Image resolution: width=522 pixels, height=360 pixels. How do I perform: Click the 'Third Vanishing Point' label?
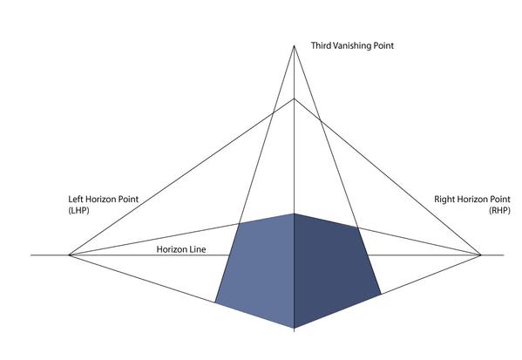point(352,46)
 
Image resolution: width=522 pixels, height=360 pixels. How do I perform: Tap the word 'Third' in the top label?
point(321,45)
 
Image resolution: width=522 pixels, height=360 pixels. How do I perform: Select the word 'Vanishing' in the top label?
point(351,46)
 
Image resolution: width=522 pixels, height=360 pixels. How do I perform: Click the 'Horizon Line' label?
point(181,249)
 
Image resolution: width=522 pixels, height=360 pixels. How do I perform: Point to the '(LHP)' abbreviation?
point(79,210)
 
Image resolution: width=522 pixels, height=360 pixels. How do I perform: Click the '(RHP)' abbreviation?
point(499,210)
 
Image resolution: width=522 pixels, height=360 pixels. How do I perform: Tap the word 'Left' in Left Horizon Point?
point(76,199)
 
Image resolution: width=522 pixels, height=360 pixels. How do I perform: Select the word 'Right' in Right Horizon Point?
point(444,199)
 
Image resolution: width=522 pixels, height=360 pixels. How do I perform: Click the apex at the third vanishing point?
point(294,45)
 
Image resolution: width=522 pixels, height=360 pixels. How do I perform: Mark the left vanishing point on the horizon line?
point(69,255)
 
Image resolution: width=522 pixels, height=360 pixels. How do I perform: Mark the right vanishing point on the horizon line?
point(481,255)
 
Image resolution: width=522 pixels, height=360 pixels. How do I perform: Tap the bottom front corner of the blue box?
point(294,328)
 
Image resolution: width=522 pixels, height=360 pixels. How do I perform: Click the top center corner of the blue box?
point(294,214)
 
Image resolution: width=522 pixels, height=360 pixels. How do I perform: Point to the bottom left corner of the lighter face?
point(215,302)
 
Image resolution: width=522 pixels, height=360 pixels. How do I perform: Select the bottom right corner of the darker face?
point(381,295)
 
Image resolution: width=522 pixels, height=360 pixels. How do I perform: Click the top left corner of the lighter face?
point(240,223)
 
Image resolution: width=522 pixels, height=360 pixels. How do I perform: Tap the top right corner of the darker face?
point(358,228)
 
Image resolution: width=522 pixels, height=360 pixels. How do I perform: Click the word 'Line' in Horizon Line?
point(197,249)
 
